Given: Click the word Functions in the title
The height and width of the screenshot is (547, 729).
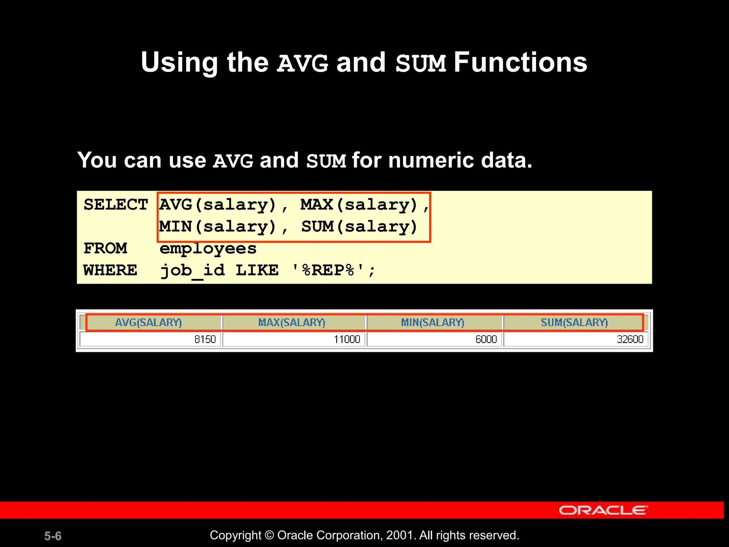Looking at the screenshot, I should (x=520, y=63).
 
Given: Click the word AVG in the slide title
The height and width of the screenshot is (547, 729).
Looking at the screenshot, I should (x=303, y=63).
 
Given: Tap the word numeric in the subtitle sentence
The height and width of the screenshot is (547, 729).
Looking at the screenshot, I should (x=431, y=160).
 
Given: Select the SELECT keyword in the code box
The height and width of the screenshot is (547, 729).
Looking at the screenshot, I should (x=116, y=205).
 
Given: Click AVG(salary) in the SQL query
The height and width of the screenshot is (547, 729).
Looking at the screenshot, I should (x=217, y=205).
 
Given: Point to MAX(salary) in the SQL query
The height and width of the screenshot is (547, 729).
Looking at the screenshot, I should (x=359, y=205).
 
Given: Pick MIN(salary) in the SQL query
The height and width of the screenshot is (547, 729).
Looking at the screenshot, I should (x=217, y=227).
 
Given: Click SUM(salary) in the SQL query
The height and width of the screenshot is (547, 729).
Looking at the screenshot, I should (x=359, y=227).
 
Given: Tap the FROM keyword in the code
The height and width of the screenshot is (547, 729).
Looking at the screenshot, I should (x=105, y=249).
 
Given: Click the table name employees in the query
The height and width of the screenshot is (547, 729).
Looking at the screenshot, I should (x=208, y=249).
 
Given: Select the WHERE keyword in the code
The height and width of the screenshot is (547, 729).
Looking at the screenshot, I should (x=110, y=270).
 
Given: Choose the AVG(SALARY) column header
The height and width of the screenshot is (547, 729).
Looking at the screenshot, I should (x=148, y=323).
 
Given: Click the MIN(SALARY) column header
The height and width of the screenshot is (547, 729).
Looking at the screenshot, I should (x=432, y=323).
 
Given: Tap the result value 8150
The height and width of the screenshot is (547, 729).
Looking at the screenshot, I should (x=205, y=339).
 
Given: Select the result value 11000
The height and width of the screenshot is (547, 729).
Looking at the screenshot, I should (x=347, y=339).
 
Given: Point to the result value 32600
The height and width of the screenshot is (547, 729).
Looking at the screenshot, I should (x=630, y=339).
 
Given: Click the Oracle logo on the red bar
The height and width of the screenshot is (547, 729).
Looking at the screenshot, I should (x=603, y=510).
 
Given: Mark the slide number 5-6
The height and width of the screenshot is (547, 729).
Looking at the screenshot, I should (x=53, y=536).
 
